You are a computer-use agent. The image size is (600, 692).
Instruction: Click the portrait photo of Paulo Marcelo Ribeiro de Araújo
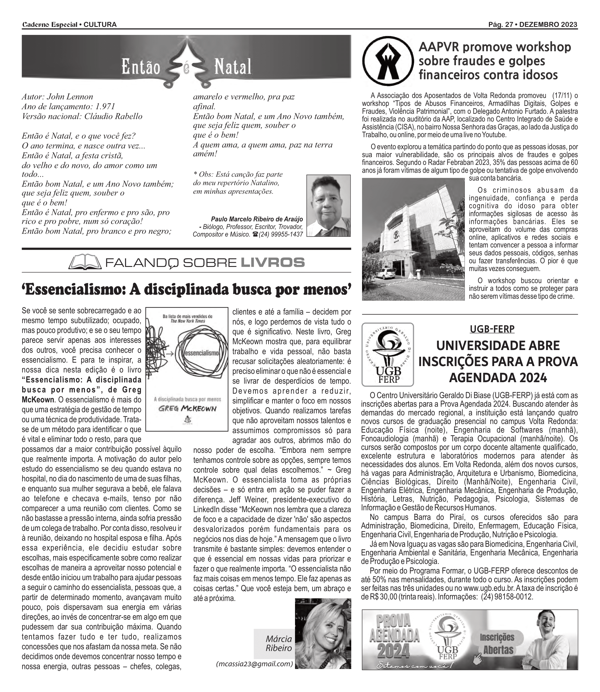point(329,206)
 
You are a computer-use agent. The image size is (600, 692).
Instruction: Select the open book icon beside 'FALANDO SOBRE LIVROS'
point(85,262)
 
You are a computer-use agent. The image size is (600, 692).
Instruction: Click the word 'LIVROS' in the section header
point(273,262)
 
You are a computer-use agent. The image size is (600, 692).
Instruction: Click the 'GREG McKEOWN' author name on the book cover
point(187,409)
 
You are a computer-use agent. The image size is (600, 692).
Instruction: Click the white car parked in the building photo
point(386,273)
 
